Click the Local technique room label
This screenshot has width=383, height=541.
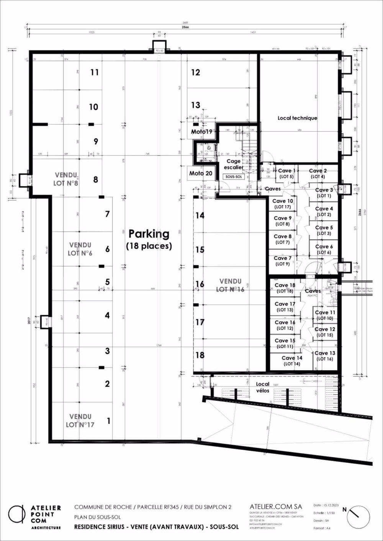coord(297,118)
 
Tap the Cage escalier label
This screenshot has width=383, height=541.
coord(233,164)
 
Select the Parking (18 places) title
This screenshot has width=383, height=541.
coord(149,239)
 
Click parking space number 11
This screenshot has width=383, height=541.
coord(95,72)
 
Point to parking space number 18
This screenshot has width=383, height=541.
coord(200,355)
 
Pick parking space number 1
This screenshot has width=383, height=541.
coord(108,421)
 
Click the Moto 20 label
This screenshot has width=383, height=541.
coord(201,173)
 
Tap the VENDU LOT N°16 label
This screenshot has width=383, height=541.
coord(230,285)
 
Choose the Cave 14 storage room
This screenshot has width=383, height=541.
coord(292,361)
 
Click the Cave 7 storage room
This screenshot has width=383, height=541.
coord(283,261)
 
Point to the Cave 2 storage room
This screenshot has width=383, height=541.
coord(318,173)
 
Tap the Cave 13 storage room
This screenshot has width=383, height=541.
coord(325,356)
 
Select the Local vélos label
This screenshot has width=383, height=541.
coord(263,387)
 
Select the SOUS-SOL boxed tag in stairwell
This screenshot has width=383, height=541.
coord(233,177)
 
